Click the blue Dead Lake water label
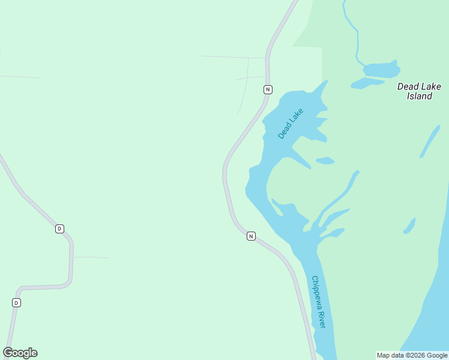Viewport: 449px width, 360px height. click(291, 124)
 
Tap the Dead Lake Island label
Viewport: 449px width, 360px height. click(419, 91)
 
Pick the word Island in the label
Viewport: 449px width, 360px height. click(419, 96)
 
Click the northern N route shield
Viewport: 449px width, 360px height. click(268, 89)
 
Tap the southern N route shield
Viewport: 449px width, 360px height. click(251, 236)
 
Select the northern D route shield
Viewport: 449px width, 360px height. click(59, 229)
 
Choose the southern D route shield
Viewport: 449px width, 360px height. click(16, 302)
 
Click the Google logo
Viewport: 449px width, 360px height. click(20, 353)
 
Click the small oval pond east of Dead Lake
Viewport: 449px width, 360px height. click(325, 160)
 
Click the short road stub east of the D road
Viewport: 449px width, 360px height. click(91, 257)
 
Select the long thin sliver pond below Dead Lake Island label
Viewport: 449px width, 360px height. click(429, 142)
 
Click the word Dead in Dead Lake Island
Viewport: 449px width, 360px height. click(406, 86)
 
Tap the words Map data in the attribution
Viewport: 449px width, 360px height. click(390, 355)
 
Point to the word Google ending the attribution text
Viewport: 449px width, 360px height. click(438, 355)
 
